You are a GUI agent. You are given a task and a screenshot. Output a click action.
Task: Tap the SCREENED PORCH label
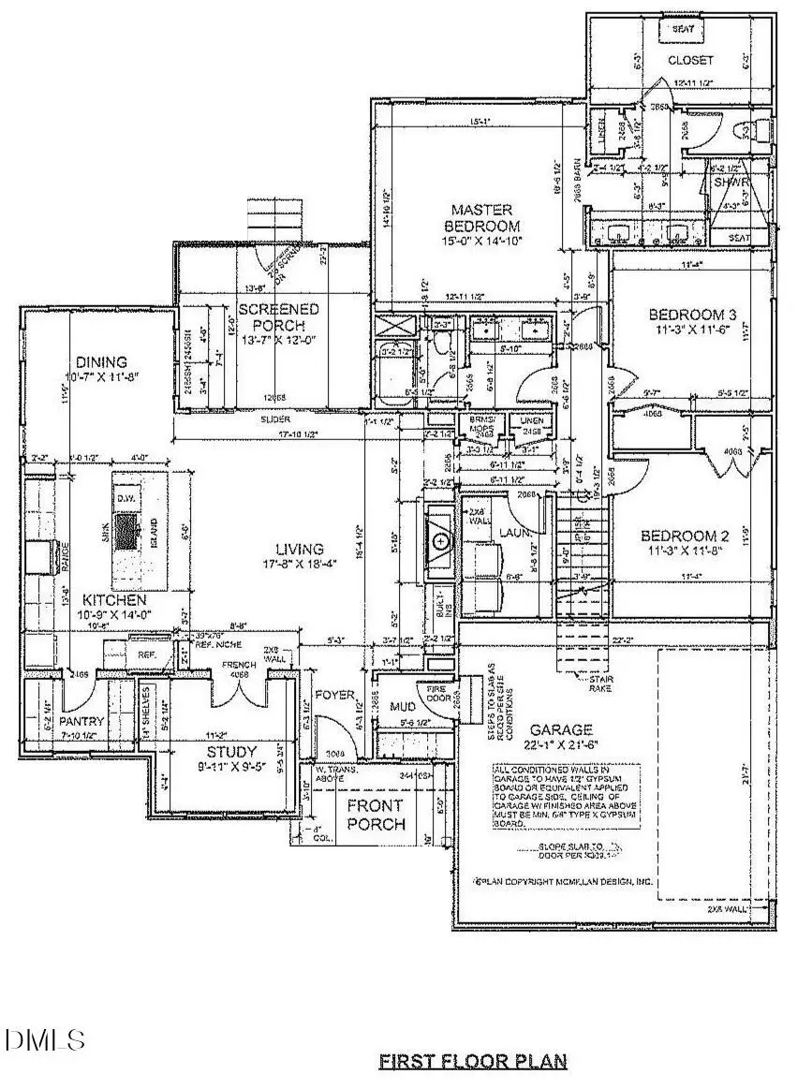(x=277, y=316)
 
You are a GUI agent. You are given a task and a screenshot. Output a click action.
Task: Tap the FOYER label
(x=333, y=696)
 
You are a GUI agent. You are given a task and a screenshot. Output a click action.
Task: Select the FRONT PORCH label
(x=376, y=815)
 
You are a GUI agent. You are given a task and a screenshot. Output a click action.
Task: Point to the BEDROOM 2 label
(x=689, y=537)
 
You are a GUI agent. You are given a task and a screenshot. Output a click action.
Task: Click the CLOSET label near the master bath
(x=690, y=60)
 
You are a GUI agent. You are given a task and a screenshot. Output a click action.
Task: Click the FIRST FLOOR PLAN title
(x=473, y=1061)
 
